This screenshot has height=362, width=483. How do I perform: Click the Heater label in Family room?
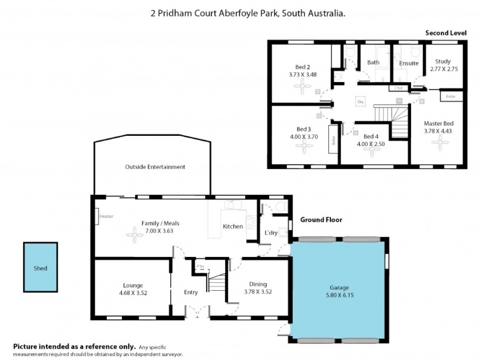coord(106,216)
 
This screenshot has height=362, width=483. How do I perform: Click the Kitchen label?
coord(232,227)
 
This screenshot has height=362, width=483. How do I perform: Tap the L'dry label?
coord(271,233)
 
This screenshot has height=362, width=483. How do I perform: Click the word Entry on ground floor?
coord(191,293)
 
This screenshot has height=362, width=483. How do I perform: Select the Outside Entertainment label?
coord(155,167)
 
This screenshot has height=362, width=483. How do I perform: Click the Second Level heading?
coord(446,33)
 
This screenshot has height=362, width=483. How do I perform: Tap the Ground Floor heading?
coord(315,220)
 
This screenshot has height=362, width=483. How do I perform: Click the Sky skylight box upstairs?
coord(361,103)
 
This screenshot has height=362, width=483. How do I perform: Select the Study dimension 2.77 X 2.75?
coord(444,69)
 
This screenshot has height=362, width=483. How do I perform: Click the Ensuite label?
coord(409,63)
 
